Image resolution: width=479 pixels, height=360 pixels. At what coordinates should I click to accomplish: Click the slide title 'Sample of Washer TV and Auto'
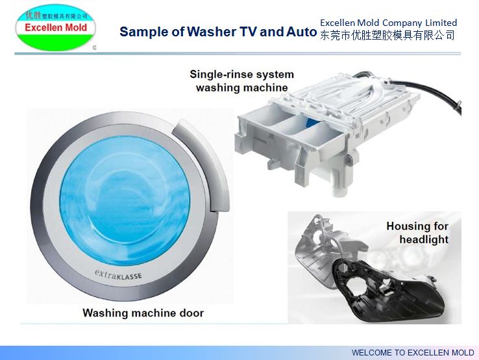coord(218,32)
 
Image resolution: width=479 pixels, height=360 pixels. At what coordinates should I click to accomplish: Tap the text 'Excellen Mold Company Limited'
coord(388,23)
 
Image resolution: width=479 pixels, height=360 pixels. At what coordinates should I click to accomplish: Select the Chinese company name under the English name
coord(387,36)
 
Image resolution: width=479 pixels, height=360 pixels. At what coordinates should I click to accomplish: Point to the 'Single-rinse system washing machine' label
coord(241,81)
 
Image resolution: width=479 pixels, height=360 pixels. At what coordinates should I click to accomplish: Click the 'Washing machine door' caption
coord(143,313)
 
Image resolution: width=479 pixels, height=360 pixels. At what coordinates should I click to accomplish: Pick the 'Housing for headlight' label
coord(417,232)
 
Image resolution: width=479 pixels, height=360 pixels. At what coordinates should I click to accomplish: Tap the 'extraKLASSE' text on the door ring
coord(118,274)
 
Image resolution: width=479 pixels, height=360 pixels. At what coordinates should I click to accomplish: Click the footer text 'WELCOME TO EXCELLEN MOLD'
coord(413,352)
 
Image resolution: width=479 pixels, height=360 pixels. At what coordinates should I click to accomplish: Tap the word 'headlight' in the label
coord(424,239)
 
